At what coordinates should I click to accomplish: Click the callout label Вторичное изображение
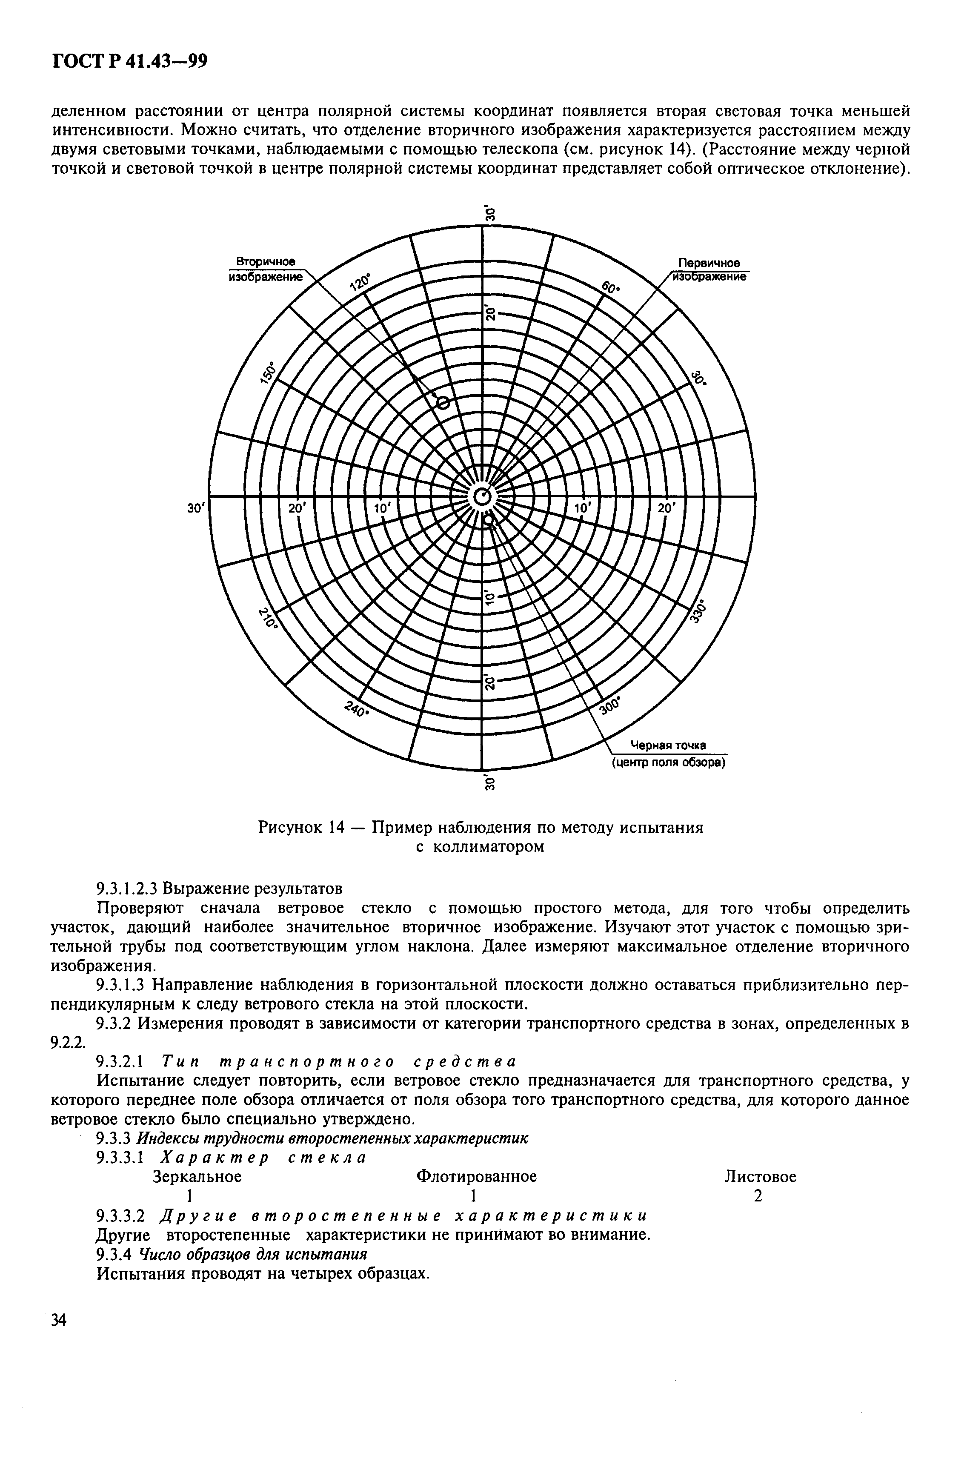(x=266, y=269)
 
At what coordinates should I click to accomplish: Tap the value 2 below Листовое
(x=758, y=1196)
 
